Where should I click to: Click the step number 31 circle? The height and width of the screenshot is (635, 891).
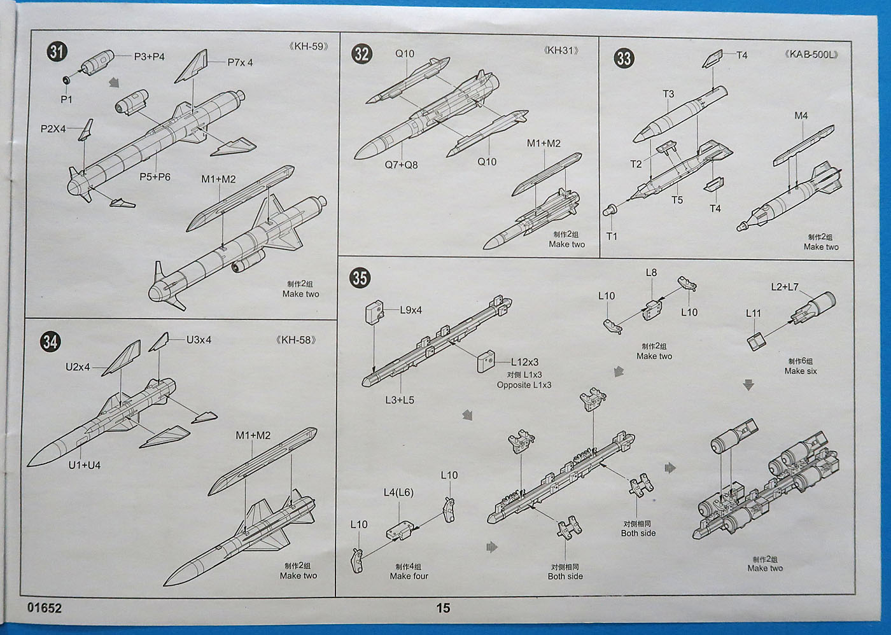[x=57, y=52]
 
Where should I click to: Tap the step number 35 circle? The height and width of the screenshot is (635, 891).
[x=360, y=277]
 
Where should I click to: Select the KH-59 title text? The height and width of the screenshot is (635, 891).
[x=309, y=46]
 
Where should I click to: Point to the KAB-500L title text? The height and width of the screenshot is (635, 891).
[x=811, y=54]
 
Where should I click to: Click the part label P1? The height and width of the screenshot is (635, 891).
[x=66, y=100]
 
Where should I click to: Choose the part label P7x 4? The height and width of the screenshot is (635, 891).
[x=240, y=62]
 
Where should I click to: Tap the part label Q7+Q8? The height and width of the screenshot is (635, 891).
[x=401, y=165]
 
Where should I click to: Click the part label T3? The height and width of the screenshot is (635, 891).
[x=668, y=94]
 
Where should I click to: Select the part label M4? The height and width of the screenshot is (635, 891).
[x=801, y=116]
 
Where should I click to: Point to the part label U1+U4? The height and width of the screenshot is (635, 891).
[x=85, y=465]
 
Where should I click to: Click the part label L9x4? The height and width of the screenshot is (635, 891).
[x=410, y=311]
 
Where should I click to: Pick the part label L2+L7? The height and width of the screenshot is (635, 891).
[x=784, y=287]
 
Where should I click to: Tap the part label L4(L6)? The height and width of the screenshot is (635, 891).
[x=398, y=492]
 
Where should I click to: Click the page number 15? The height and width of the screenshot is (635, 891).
[x=443, y=608]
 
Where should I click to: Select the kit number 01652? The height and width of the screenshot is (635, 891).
[x=45, y=608]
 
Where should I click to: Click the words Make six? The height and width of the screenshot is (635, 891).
[x=801, y=371]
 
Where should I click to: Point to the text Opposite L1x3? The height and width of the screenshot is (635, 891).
[x=524, y=385]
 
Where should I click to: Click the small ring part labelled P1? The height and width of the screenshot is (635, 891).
[x=67, y=80]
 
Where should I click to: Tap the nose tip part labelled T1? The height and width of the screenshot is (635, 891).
[x=609, y=209]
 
